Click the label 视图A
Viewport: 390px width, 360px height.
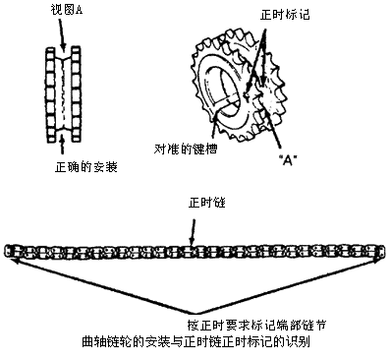[x=67, y=10]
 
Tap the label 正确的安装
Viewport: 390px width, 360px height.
[x=86, y=167]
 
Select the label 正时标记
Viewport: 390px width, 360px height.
[x=285, y=15]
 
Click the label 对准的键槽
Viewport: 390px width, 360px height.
[x=186, y=150]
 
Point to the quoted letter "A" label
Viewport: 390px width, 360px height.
[x=287, y=161]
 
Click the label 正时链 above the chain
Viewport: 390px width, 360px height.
[x=206, y=203]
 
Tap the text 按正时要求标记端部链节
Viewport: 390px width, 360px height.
[x=256, y=325]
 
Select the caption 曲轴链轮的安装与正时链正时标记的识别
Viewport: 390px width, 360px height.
[x=195, y=342]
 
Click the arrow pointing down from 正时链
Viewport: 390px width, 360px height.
[x=193, y=232]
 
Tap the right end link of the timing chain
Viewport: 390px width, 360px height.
[x=381, y=252]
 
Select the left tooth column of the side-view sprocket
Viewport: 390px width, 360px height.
[x=50, y=94]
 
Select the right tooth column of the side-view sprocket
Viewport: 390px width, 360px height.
[x=76, y=94]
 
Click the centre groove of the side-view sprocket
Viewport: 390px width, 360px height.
[x=63, y=94]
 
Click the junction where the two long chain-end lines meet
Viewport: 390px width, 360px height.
[x=195, y=313]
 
